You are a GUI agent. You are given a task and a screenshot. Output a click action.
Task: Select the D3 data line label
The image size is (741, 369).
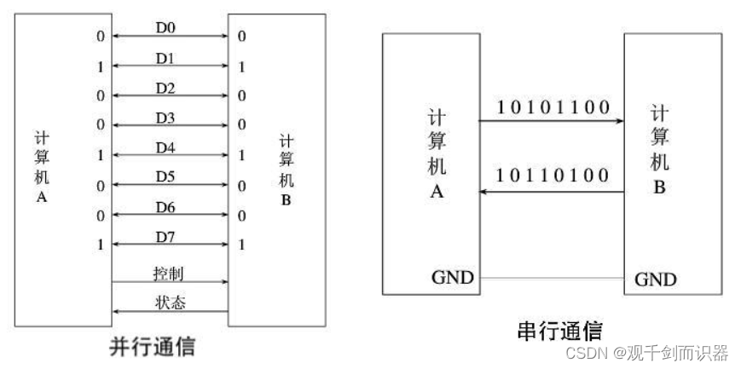[x=165, y=117]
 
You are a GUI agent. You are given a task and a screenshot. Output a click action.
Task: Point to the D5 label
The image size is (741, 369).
[x=165, y=176]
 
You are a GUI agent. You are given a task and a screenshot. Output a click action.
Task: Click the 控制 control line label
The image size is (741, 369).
[x=168, y=274]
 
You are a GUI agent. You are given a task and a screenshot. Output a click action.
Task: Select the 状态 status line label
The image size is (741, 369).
[x=168, y=303]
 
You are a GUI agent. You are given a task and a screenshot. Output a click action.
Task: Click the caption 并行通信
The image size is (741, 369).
[x=153, y=347]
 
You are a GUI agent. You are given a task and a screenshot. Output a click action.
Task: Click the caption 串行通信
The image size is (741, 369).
[x=559, y=331]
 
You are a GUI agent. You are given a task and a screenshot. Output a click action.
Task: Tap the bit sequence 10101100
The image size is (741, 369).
[x=553, y=107]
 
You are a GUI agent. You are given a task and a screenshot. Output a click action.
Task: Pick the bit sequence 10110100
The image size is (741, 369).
[x=553, y=176]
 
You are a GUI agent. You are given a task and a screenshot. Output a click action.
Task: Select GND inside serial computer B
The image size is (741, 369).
[x=656, y=279]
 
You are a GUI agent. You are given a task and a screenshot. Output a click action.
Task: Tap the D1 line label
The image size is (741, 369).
[x=165, y=58]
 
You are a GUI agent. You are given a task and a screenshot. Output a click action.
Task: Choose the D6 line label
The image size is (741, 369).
[x=165, y=207]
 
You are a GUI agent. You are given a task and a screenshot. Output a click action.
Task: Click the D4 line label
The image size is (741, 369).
[x=165, y=147]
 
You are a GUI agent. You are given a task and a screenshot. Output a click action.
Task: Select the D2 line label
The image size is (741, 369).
[x=165, y=88]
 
